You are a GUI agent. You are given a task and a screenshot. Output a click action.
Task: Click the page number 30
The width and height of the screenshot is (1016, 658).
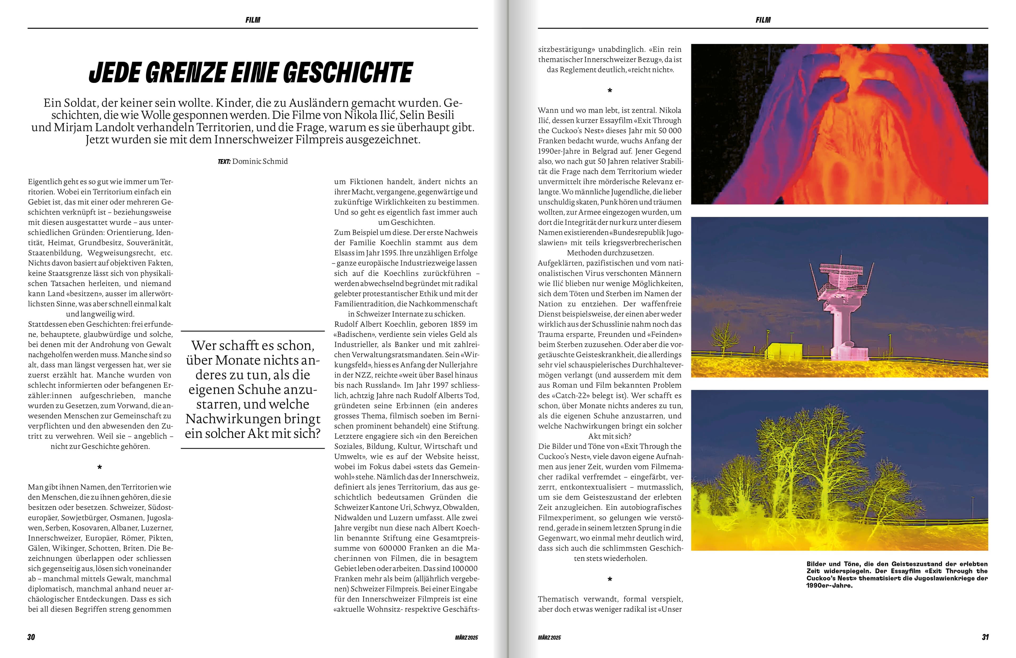tap(31, 637)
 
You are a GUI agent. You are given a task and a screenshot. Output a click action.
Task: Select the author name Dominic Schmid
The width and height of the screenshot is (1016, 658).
tap(260, 161)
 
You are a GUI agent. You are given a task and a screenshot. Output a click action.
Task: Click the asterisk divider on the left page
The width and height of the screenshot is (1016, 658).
tap(100, 468)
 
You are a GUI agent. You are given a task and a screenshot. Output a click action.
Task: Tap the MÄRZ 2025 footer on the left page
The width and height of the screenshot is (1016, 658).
tap(466, 638)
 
